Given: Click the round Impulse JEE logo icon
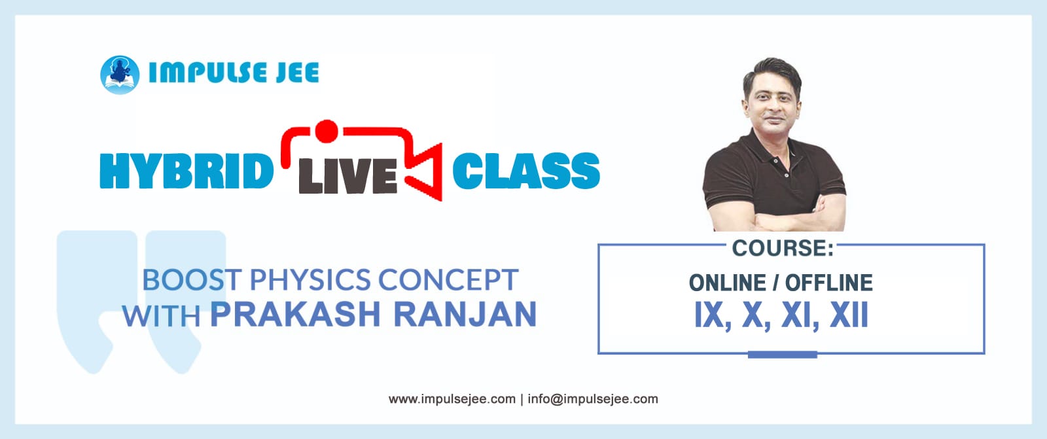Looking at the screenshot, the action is point(120,75).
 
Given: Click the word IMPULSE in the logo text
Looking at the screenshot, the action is point(207,73).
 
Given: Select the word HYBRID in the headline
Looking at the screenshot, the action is point(186,171).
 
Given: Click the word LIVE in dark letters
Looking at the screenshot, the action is point(348,176).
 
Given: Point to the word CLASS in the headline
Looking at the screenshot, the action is point(526,171).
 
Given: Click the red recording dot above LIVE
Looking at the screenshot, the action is point(327,132).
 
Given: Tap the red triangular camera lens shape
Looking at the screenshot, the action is point(424,171).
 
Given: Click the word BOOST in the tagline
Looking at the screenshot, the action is point(192,280).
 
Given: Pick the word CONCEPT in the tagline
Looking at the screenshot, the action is point(448,280).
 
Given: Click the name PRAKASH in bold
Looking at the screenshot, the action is point(295,315).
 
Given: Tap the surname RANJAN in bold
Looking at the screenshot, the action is point(465,315).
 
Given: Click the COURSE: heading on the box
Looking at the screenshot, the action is point(783,248).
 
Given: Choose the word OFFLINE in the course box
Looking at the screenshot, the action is point(828,283).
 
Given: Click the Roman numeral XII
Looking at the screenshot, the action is point(849,315).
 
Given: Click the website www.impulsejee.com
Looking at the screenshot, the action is point(452,399).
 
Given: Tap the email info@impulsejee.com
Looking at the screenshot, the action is point(593,399).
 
